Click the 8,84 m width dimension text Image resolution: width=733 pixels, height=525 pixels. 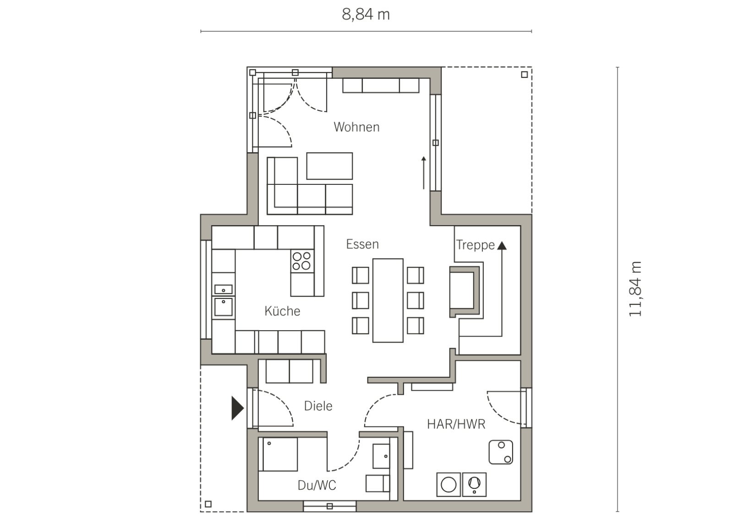coord(366,15)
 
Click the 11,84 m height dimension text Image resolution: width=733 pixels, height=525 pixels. coord(635,289)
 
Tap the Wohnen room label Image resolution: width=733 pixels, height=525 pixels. coord(357,127)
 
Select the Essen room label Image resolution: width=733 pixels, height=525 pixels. coord(362,244)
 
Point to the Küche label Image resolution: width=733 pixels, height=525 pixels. coord(282,311)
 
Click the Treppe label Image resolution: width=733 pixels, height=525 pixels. coord(476,245)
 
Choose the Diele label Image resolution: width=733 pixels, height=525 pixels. coord(318,406)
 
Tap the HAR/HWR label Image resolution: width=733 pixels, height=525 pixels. coord(456,424)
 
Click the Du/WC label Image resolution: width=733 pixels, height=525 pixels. coord(317,486)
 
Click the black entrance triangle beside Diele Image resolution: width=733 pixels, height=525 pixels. coord(237,408)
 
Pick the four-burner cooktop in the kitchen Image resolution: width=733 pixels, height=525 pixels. coord(302,261)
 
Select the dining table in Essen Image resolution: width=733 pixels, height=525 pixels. coord(388,300)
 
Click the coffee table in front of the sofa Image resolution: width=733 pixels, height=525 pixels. coord(329,166)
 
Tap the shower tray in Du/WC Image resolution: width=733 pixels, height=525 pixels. coord(278,454)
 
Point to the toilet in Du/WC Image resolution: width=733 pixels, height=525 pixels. coord(377,483)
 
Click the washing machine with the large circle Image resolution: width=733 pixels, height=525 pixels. coord(449,484)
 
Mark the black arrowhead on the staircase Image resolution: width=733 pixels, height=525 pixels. coord(502,246)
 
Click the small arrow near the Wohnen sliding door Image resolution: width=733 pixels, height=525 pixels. coord(424,173)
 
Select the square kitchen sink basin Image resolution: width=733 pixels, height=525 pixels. coord(224,307)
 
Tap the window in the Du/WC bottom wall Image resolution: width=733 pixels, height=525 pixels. coord(329,506)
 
